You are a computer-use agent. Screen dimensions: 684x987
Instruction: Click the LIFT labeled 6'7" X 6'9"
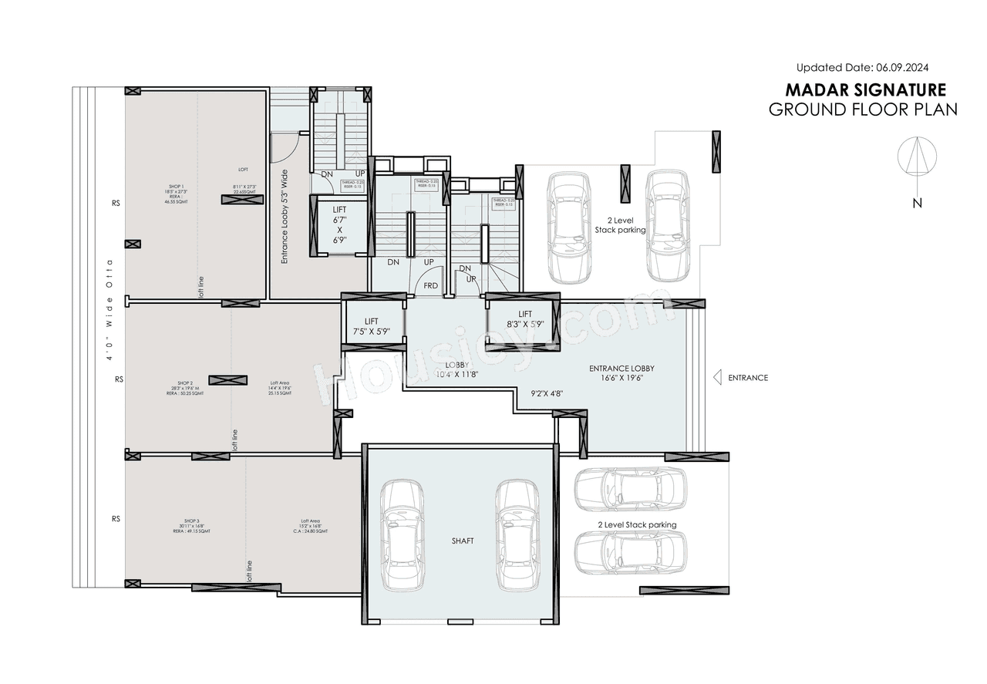click(339, 224)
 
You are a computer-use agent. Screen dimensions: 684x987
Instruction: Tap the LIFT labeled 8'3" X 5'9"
click(525, 318)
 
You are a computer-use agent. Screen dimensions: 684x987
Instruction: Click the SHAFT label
click(462, 541)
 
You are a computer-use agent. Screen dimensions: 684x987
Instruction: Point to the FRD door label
click(430, 285)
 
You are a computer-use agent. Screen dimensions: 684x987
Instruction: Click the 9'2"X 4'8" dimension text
click(547, 393)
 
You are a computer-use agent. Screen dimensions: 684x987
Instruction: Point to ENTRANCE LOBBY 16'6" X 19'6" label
click(621, 373)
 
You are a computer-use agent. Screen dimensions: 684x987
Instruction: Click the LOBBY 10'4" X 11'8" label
click(456, 369)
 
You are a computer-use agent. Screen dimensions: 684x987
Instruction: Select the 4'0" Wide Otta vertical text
click(110, 309)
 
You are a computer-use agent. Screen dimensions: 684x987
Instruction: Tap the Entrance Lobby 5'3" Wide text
click(285, 217)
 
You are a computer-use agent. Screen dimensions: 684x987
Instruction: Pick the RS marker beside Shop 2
click(119, 379)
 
